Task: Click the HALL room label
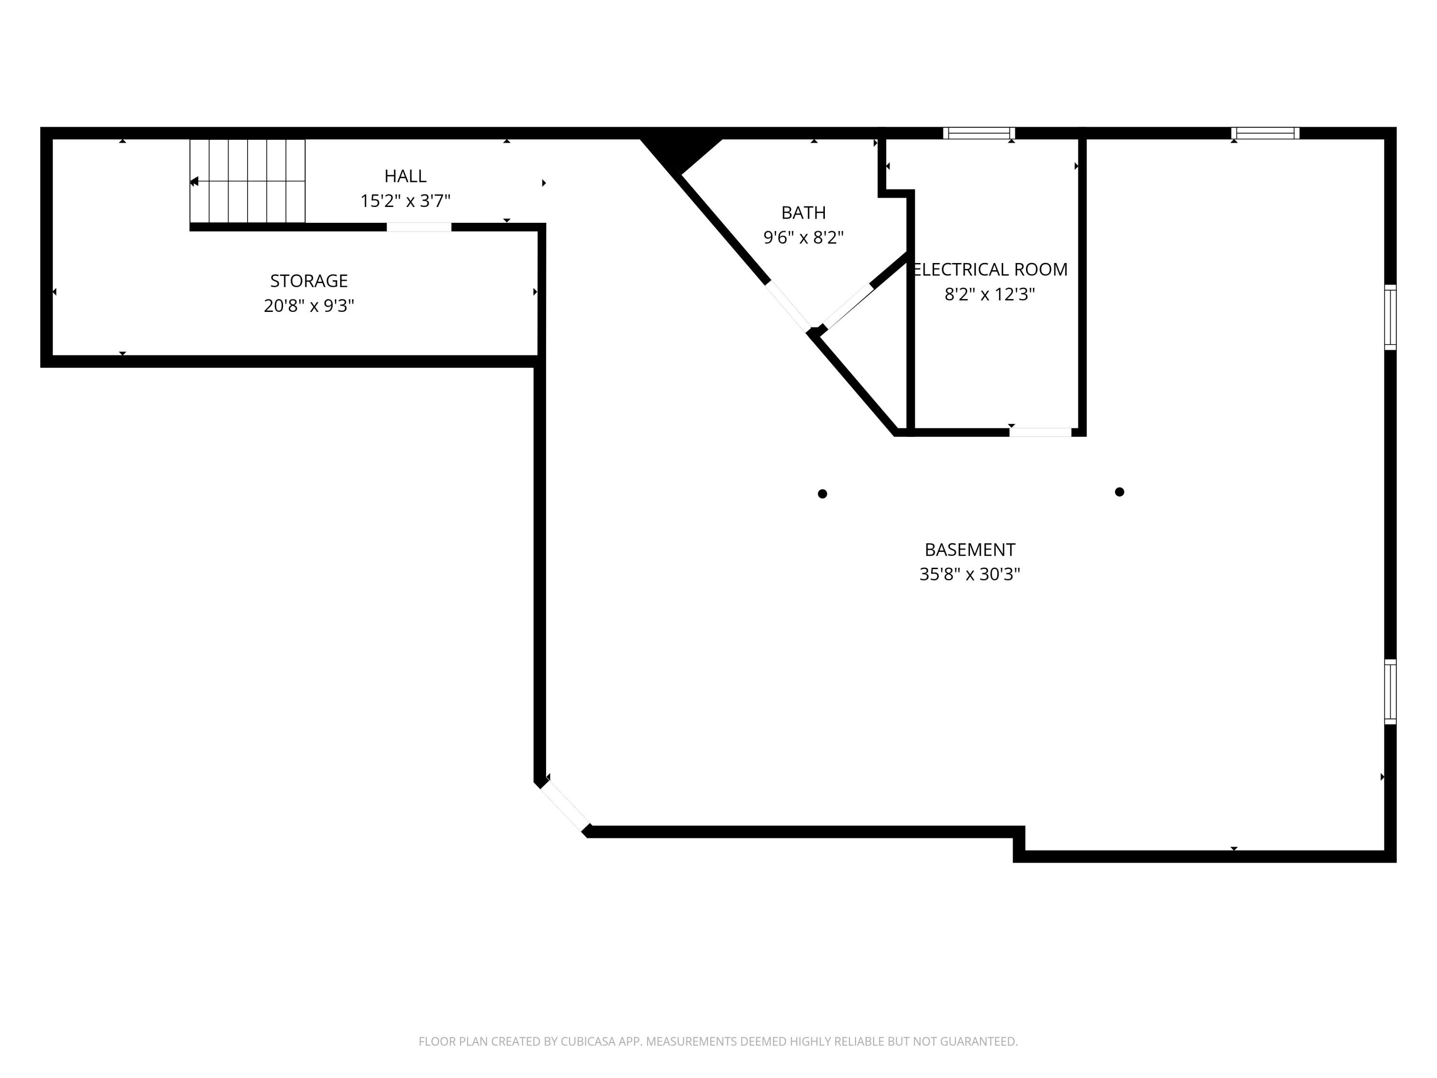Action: (405, 176)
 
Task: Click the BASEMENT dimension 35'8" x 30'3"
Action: (969, 574)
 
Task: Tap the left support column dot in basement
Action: (822, 494)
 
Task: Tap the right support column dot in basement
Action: (1119, 492)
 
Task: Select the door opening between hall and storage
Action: (419, 227)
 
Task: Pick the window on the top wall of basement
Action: (1265, 133)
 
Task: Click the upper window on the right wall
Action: (1390, 317)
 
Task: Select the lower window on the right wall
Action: (1390, 691)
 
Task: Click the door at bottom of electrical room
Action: (1040, 432)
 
